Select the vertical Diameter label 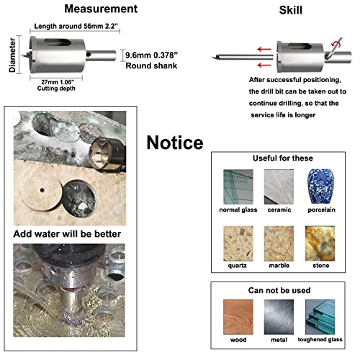click(x=12, y=55)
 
